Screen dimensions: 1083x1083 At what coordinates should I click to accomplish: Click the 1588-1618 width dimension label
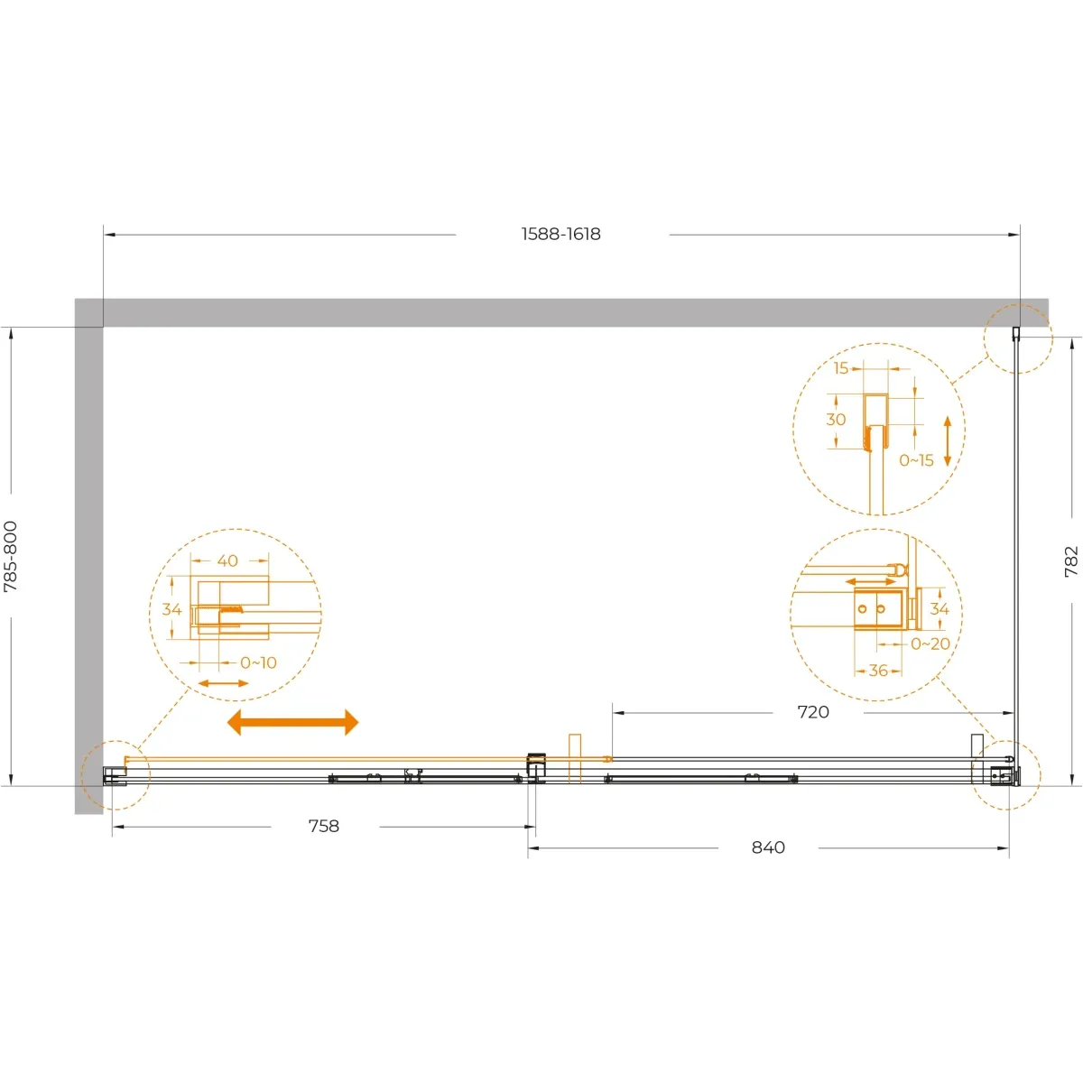click(x=560, y=234)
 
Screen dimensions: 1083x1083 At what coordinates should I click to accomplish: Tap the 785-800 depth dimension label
click(x=11, y=557)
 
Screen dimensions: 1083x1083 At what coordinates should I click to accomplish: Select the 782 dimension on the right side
click(x=1071, y=560)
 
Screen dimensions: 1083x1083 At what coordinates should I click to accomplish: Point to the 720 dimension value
click(x=813, y=712)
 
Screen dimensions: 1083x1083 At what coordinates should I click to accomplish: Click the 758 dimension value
click(x=324, y=826)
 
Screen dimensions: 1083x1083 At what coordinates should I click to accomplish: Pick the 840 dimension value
click(x=768, y=847)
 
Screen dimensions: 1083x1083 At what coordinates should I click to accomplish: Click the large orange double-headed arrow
click(x=292, y=722)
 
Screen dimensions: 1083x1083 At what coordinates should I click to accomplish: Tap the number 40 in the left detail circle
click(x=227, y=560)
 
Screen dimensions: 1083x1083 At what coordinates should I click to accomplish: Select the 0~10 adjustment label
click(x=258, y=662)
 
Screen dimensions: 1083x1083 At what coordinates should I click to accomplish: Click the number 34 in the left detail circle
click(x=171, y=609)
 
